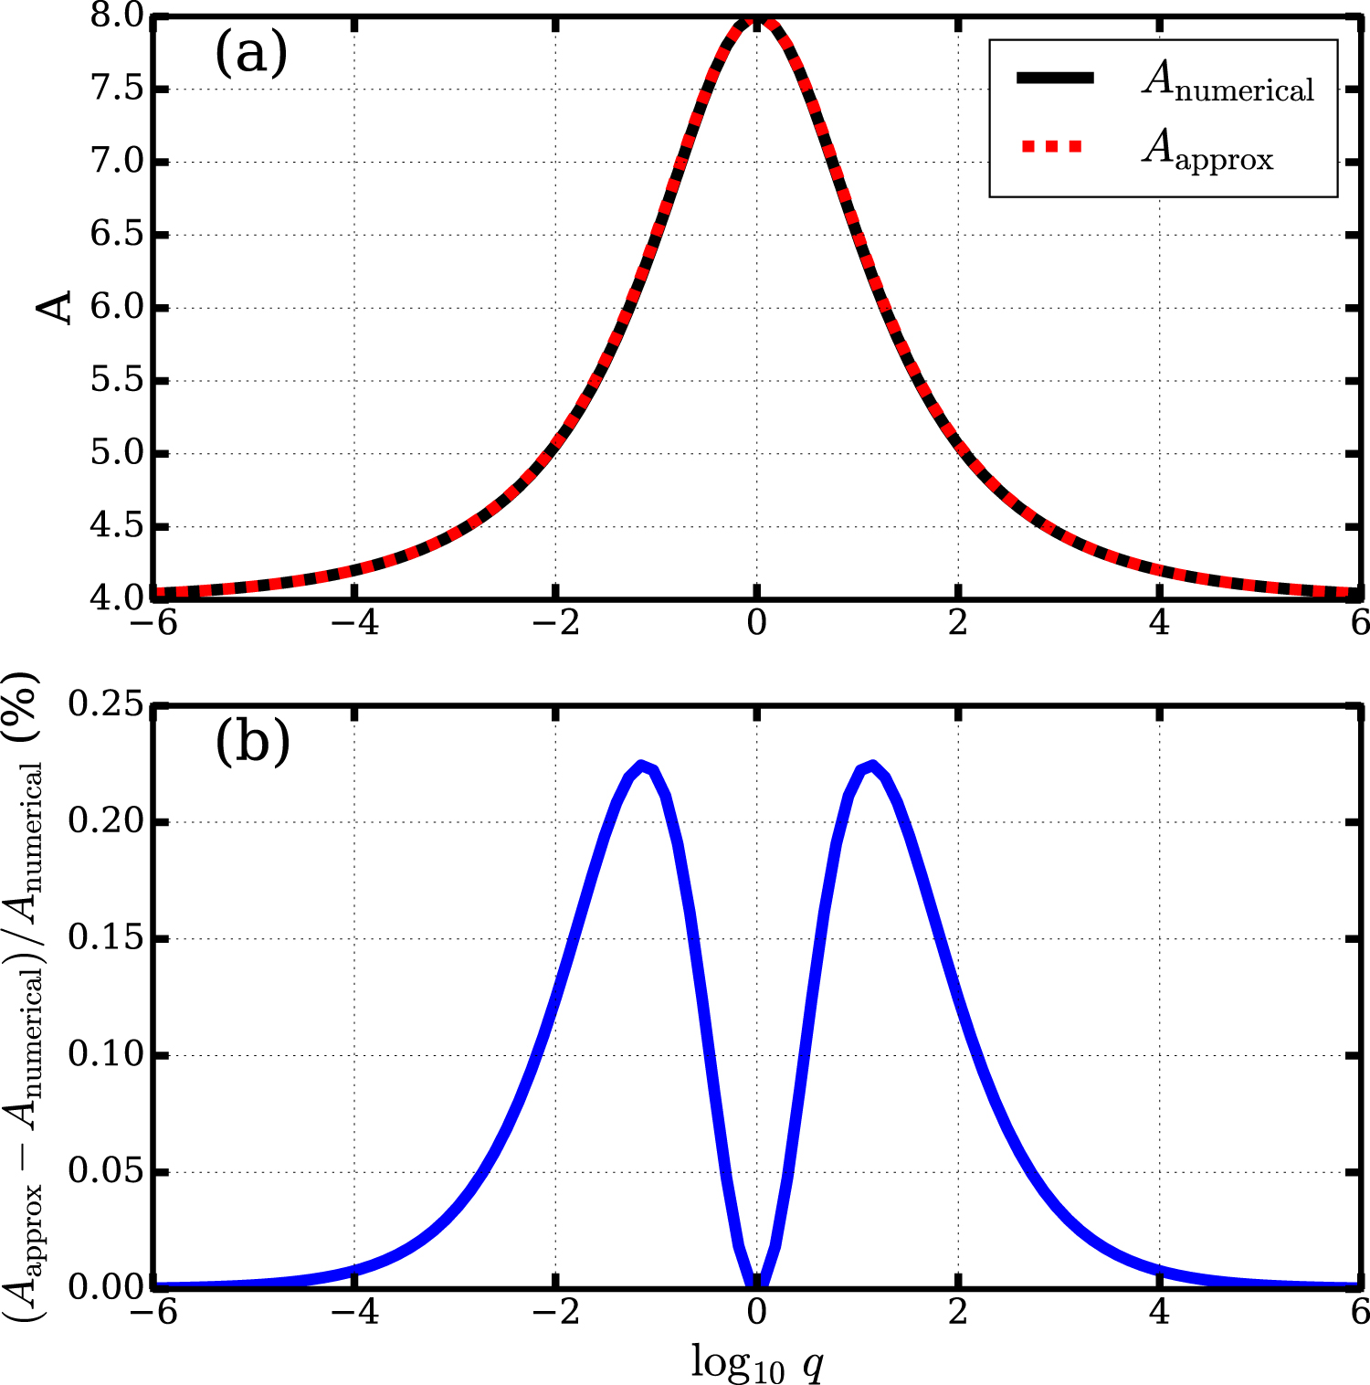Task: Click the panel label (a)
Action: [x=251, y=53]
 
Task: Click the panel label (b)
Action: [x=253, y=742]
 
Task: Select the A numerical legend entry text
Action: [x=1228, y=82]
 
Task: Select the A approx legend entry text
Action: [x=1207, y=151]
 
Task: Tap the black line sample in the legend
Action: [x=1055, y=79]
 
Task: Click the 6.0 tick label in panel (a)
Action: [x=116, y=308]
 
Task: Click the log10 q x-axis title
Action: [x=757, y=1362]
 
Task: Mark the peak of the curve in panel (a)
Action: [x=756, y=18]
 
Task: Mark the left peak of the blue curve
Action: [x=643, y=766]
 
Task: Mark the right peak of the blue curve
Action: [x=872, y=766]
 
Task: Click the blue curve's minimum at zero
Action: [x=756, y=1284]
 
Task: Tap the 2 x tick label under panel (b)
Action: [x=957, y=1312]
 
